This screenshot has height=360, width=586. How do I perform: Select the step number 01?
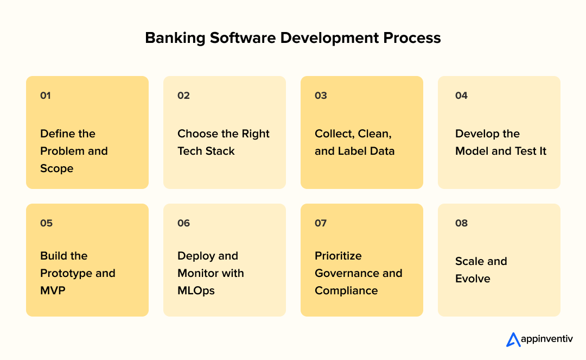tap(46, 96)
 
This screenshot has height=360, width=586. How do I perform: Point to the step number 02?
tap(183, 96)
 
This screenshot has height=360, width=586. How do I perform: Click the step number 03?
tap(321, 96)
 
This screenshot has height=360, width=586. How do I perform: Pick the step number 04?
tap(461, 96)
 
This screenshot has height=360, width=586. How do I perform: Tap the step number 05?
tap(46, 223)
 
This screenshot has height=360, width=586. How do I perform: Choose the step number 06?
tap(183, 223)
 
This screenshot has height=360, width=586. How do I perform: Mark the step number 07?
tap(321, 223)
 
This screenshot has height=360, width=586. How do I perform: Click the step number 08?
tap(461, 223)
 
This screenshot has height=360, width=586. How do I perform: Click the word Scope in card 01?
tap(56, 168)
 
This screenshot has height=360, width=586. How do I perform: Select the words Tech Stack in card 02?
tap(206, 151)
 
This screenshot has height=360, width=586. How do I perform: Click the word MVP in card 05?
tap(53, 290)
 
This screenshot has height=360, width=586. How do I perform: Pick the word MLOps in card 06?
tap(196, 290)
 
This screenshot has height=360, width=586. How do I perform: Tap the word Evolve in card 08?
tap(473, 279)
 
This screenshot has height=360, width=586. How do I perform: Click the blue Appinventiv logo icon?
tap(513, 339)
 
